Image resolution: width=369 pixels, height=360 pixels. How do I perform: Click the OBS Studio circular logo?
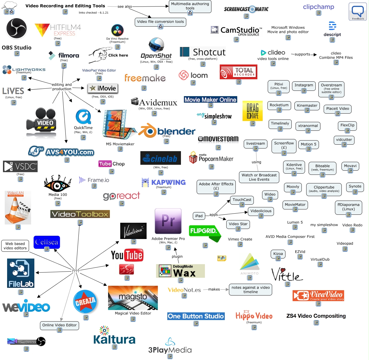click(x=17, y=28)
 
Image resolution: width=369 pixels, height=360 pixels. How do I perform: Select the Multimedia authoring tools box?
click(x=190, y=6)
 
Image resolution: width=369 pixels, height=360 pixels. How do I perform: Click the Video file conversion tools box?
click(x=161, y=22)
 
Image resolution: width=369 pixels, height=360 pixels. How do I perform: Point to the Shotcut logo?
click(x=203, y=52)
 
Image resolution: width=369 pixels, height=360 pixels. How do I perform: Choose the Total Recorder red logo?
click(x=238, y=72)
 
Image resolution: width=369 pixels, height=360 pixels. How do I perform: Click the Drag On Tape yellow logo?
click(x=252, y=111)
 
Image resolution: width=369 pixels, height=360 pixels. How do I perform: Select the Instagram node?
click(x=304, y=85)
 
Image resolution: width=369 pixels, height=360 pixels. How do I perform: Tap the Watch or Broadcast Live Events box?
click(x=259, y=177)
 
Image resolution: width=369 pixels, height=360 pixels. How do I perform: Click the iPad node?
click(x=199, y=216)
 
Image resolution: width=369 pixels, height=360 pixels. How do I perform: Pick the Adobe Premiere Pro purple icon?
click(x=168, y=221)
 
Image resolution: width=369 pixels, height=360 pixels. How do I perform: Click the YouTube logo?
click(x=127, y=255)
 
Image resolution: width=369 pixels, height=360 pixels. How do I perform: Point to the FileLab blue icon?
click(x=21, y=273)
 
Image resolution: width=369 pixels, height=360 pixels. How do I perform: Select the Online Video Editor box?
click(x=60, y=325)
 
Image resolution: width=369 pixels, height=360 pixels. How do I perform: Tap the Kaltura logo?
click(x=114, y=336)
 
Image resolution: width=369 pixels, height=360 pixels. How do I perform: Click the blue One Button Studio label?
click(x=196, y=316)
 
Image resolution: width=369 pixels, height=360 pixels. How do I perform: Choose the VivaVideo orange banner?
click(x=318, y=295)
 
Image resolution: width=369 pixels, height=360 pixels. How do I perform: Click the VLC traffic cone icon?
click(x=18, y=208)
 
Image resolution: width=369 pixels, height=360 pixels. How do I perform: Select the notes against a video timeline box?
click(x=251, y=290)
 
